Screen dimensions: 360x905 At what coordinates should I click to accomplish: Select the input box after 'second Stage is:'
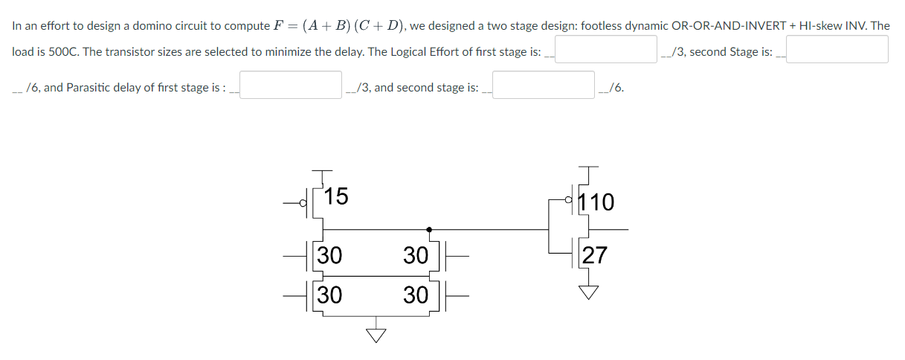[837, 50]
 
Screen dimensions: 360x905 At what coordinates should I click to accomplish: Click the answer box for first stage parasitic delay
[290, 86]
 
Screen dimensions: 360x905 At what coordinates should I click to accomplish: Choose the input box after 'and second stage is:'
[544, 86]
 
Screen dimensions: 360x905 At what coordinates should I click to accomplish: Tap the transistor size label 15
[336, 196]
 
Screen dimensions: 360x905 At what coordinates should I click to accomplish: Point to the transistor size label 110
[597, 202]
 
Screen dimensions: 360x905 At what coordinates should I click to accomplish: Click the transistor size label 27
[595, 256]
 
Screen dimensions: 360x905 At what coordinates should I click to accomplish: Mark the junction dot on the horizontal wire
[429, 230]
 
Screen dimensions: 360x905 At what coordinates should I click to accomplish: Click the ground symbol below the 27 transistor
[588, 292]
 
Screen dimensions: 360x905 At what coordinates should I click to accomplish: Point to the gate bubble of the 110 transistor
[569, 199]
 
